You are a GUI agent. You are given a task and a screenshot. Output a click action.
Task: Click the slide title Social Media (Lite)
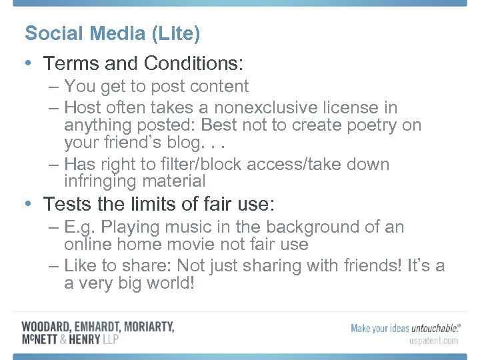click(x=112, y=33)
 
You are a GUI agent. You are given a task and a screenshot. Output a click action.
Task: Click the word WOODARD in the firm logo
click(x=47, y=327)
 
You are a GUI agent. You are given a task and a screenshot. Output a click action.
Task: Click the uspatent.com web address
click(x=433, y=341)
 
